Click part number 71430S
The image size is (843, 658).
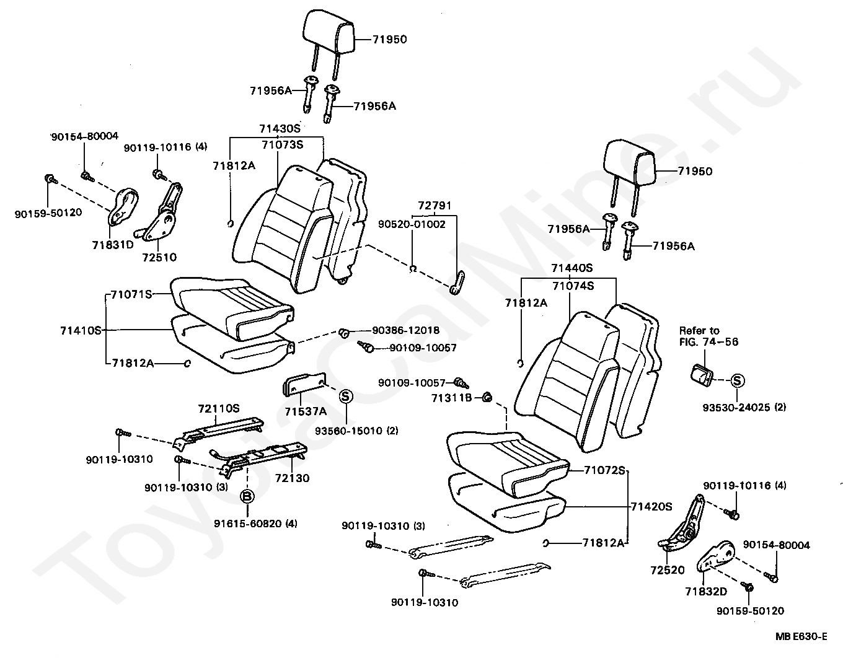pyautogui.click(x=279, y=129)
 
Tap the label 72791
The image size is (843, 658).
pyautogui.click(x=434, y=205)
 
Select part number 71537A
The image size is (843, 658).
pyautogui.click(x=306, y=411)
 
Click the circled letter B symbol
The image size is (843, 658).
pyautogui.click(x=247, y=496)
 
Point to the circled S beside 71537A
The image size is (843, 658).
pyautogui.click(x=346, y=396)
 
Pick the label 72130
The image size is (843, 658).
pyautogui.click(x=292, y=478)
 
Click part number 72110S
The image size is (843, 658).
pyautogui.click(x=219, y=409)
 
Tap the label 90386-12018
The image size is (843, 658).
pyautogui.click(x=406, y=331)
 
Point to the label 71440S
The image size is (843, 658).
pyautogui.click(x=572, y=268)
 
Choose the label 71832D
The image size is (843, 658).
pyautogui.click(x=705, y=592)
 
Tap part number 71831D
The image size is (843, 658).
pyautogui.click(x=113, y=244)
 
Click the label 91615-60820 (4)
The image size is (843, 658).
pyautogui.click(x=255, y=524)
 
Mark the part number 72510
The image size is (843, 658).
pyautogui.click(x=159, y=257)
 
